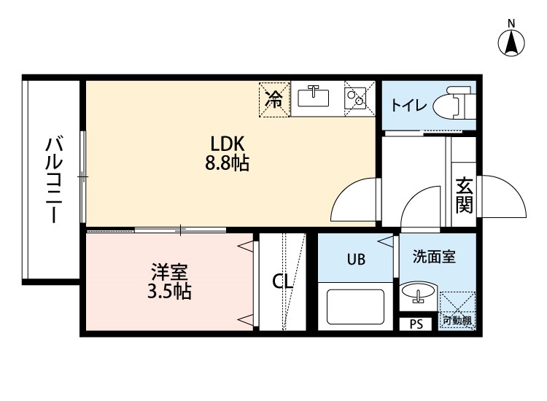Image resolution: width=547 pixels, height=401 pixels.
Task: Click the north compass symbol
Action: click(513, 41)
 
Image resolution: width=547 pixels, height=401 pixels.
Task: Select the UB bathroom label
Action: click(356, 259)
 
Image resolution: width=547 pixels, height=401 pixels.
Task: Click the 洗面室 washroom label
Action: click(434, 257)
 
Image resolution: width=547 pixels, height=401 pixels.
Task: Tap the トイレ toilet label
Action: click(408, 105)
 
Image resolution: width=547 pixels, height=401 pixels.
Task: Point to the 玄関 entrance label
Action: click(464, 195)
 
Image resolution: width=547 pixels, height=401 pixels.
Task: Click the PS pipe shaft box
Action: click(416, 324)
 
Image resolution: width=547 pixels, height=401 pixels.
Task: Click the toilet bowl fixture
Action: click(453, 106)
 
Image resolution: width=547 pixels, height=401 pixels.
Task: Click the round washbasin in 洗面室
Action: click(418, 294)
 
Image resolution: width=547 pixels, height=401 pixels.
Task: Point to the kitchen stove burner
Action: click(355, 96)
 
